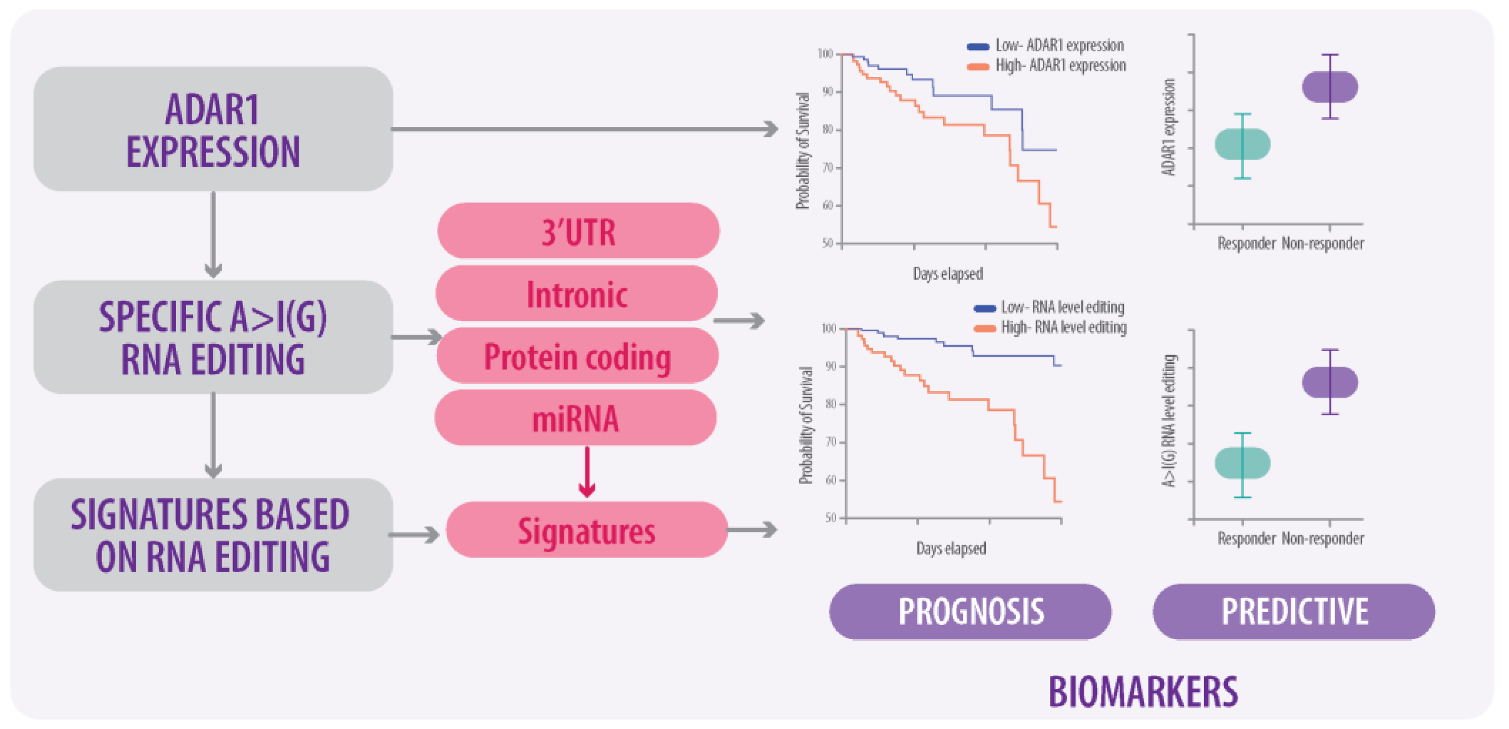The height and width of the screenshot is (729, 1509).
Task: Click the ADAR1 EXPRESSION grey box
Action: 213,129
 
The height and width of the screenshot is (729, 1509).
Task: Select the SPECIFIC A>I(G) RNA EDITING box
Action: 213,337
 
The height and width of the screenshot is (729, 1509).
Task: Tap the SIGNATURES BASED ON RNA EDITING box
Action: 213,534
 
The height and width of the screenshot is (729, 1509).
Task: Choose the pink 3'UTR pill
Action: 578,231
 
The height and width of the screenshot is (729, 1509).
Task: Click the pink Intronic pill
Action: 577,293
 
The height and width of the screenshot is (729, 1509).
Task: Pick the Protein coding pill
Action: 577,356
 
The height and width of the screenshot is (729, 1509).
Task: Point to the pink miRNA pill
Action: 575,418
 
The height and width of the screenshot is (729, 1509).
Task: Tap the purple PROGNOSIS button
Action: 970,611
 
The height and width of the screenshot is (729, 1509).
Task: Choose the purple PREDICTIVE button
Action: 1293,611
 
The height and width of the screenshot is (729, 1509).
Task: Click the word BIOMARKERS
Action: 1143,691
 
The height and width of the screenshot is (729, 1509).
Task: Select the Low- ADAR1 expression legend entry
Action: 1046,46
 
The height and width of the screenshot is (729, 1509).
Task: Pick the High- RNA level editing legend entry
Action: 1050,327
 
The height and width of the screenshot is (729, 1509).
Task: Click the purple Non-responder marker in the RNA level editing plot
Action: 1330,382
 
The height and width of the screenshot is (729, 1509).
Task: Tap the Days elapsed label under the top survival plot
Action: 948,274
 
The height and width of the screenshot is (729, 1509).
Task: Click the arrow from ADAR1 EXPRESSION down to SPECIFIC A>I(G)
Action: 213,235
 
